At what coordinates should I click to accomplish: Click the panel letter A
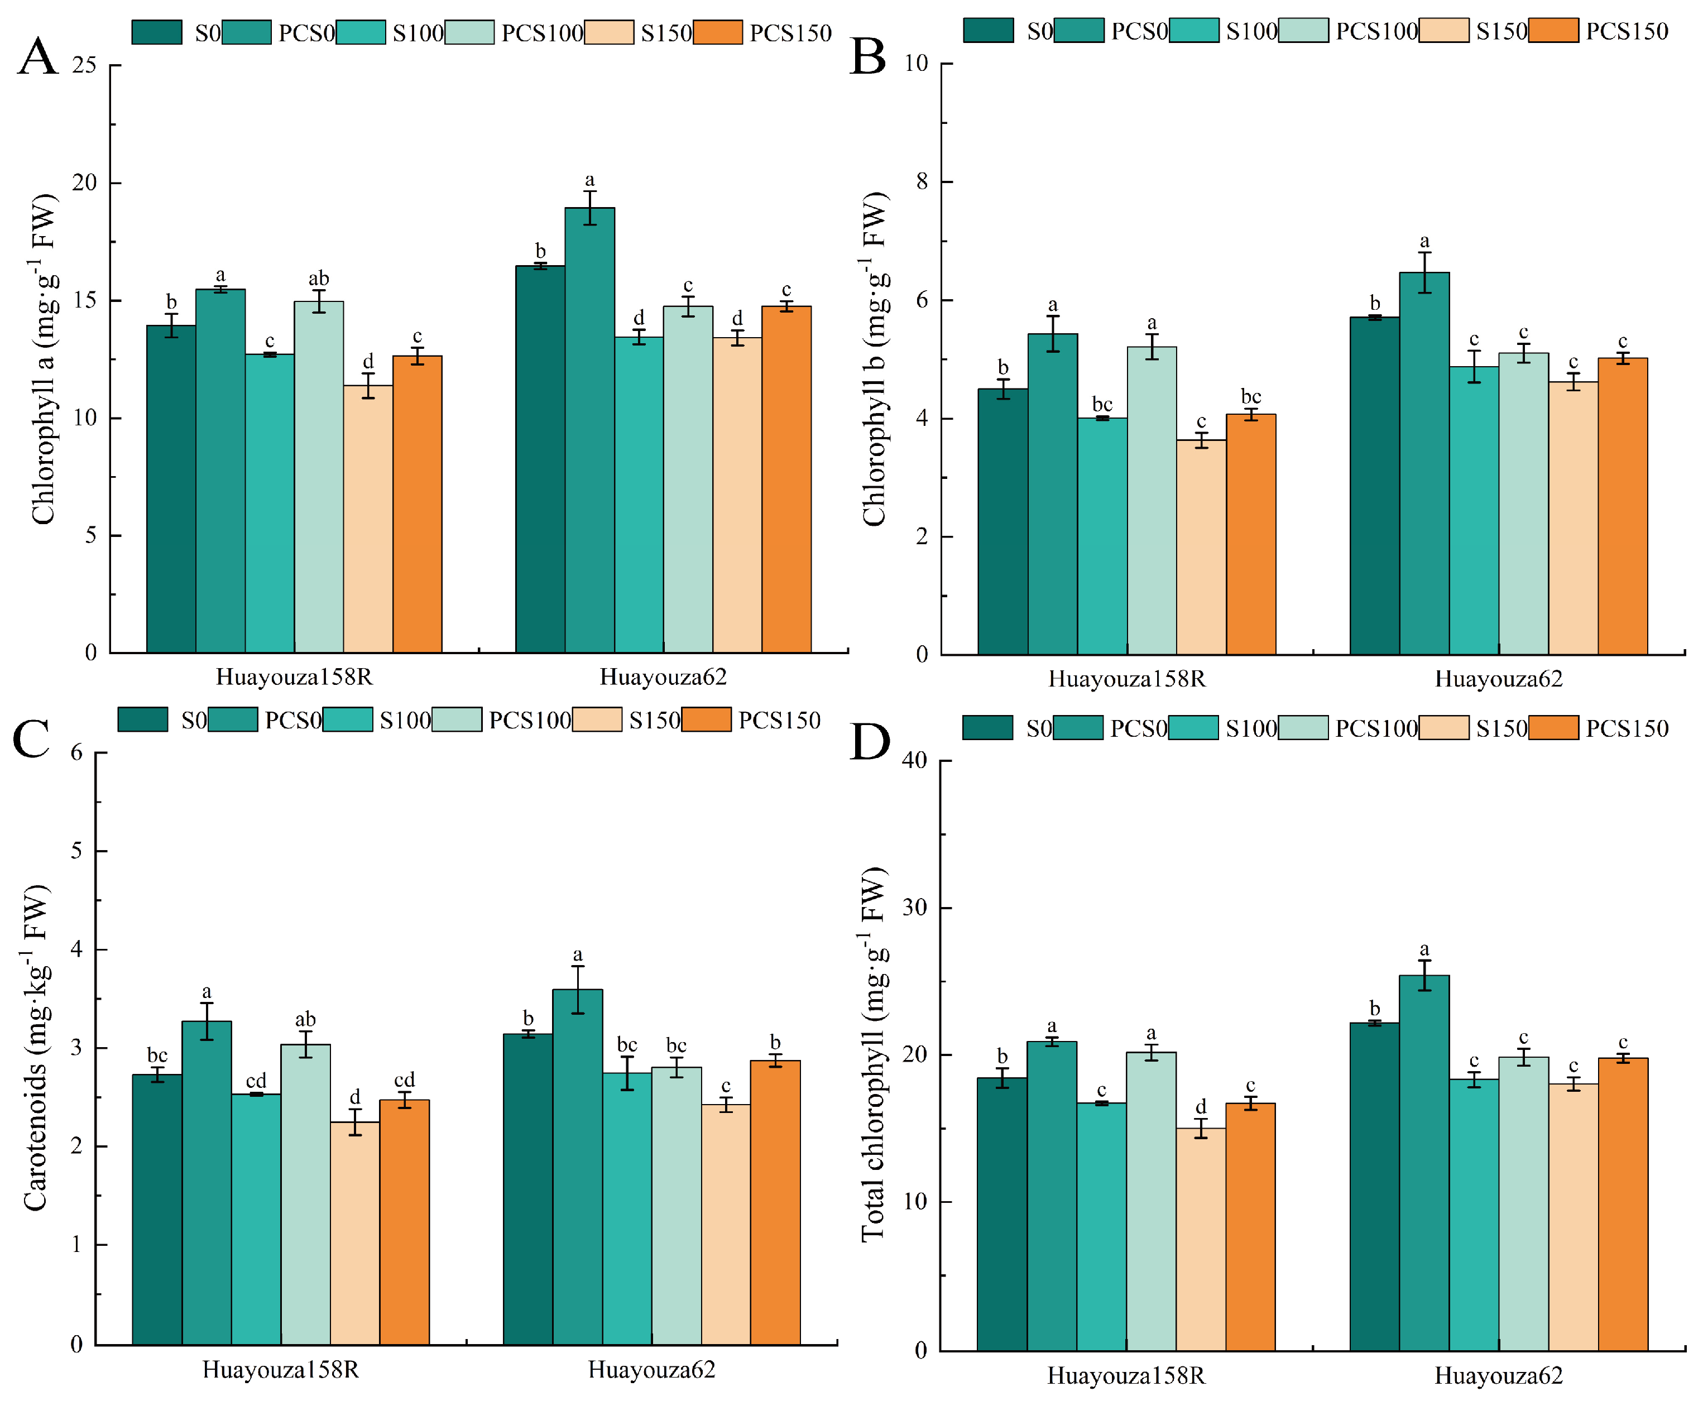pos(38,57)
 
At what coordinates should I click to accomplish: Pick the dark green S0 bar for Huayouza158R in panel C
pos(157,1211)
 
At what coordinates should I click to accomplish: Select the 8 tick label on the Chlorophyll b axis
pos(922,181)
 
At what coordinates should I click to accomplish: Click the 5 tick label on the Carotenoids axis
pos(76,851)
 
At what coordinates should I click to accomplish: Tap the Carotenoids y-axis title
pos(36,1048)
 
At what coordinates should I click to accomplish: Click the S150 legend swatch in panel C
pos(597,719)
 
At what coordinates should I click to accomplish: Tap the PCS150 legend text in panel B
pos(1627,31)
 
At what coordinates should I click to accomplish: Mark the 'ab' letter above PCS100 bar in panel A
pos(318,279)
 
